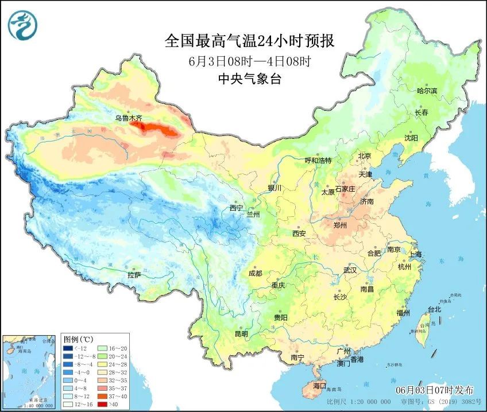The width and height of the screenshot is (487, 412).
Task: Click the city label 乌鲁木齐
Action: tap(127, 118)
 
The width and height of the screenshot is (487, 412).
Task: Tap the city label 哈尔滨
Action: tap(427, 91)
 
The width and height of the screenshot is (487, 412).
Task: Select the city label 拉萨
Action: tap(134, 275)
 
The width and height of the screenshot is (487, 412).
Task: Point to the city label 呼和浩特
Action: tap(318, 160)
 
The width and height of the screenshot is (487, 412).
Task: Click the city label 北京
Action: tap(365, 156)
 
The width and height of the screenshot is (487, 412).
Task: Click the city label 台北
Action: tap(434, 309)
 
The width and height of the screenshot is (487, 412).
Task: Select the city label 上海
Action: tap(415, 254)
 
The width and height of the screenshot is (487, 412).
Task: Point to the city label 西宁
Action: tap(236, 208)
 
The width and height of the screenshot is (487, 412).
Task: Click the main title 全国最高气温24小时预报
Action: tap(249, 41)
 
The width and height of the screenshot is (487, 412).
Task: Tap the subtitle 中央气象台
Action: tap(249, 80)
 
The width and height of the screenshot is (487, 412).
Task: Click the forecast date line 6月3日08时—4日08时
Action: tap(249, 61)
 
